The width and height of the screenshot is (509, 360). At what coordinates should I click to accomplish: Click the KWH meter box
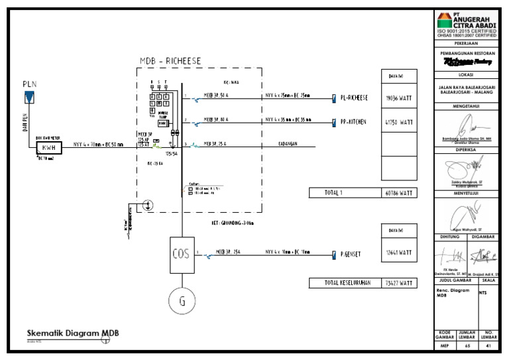pos(48,147)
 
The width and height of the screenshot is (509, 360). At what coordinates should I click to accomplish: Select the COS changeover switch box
pos(182,254)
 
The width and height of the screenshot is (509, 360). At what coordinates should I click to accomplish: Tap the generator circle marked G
pos(182,302)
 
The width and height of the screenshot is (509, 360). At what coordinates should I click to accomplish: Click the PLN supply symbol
pos(29,98)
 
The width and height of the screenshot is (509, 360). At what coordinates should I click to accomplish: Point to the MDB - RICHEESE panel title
pos(170,61)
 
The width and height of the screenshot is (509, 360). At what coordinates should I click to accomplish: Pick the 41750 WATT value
pos(399,123)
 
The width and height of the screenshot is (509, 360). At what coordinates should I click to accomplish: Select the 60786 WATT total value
pos(399,193)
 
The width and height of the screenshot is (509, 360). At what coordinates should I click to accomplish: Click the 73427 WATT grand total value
pos(399,283)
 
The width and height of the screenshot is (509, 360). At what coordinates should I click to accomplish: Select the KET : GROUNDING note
pos(237,223)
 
